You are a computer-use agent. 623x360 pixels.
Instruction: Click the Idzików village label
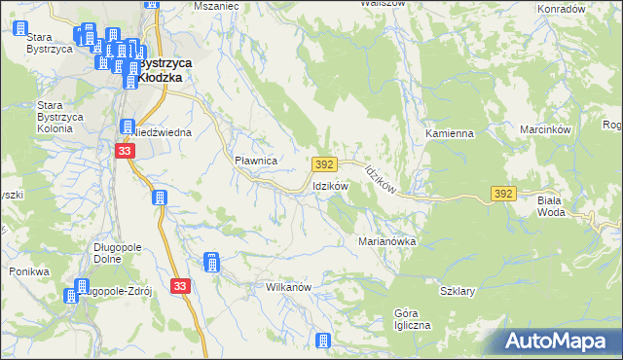[329, 186]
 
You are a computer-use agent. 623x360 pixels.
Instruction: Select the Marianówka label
[387, 240]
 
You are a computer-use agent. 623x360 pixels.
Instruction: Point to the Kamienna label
[449, 132]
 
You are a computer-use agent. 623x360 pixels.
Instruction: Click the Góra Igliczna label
[412, 319]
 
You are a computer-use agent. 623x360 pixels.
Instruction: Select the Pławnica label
[257, 160]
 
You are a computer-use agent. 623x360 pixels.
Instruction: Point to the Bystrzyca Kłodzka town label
[163, 69]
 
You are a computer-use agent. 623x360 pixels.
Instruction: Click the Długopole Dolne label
[119, 253]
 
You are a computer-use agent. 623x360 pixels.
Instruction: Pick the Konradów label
[562, 8]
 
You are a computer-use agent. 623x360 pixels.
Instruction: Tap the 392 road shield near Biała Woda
[502, 195]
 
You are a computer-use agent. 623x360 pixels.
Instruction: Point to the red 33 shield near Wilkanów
[180, 285]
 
